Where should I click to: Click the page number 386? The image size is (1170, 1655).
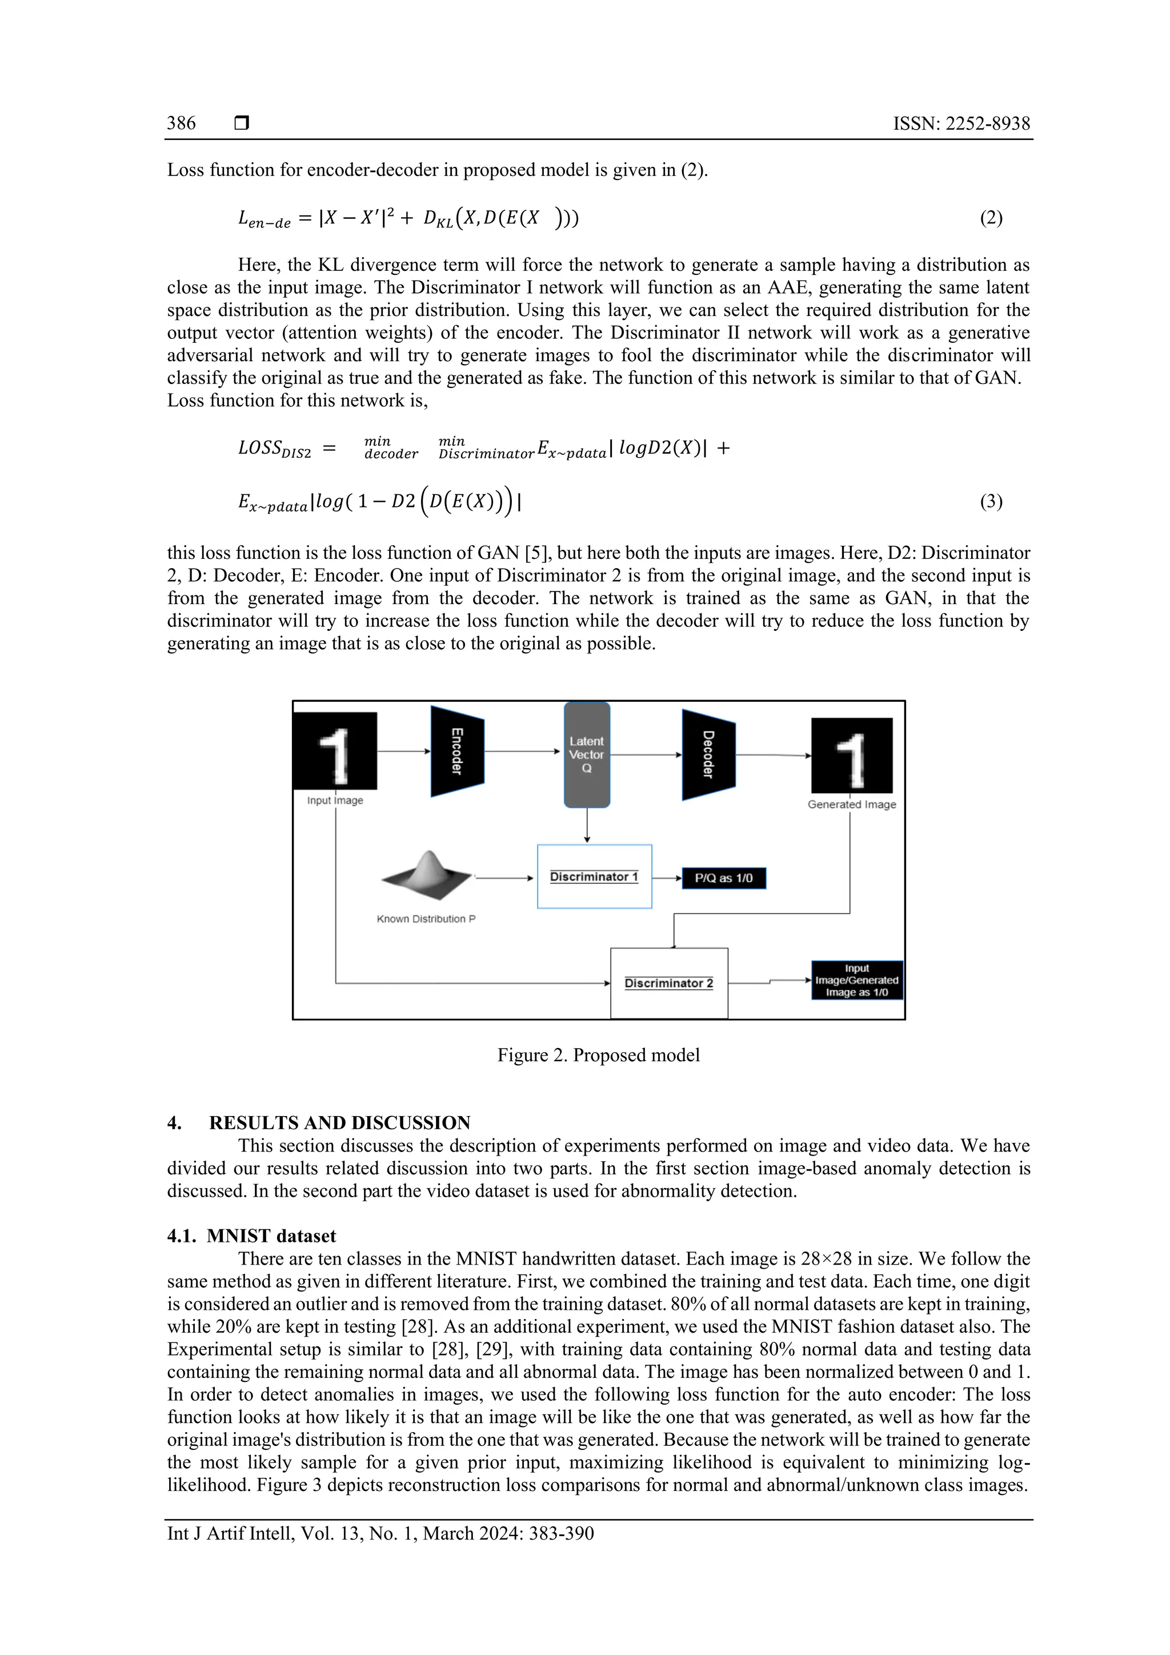coord(181,123)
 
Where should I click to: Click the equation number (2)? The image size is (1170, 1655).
coord(991,218)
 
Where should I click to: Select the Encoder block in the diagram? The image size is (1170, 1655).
coord(457,751)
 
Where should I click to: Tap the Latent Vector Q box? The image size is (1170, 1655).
coord(587,755)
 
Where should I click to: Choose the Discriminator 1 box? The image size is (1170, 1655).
coord(594,877)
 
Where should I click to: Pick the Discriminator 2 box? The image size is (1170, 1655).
coord(668,982)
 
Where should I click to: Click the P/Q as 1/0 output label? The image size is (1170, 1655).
coord(723,878)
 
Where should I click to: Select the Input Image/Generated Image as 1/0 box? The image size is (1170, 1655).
coord(856,980)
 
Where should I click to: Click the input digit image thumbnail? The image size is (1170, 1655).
coord(335,751)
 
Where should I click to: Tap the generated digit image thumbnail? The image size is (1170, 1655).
coord(852,755)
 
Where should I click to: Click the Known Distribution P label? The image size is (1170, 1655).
coord(426,919)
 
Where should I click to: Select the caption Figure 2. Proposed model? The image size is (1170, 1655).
coord(598,1056)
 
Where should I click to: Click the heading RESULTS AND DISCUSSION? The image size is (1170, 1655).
coord(339,1123)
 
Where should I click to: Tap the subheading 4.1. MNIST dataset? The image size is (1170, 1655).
coord(251,1236)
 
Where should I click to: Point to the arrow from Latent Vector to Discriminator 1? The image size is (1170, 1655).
coord(587,826)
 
